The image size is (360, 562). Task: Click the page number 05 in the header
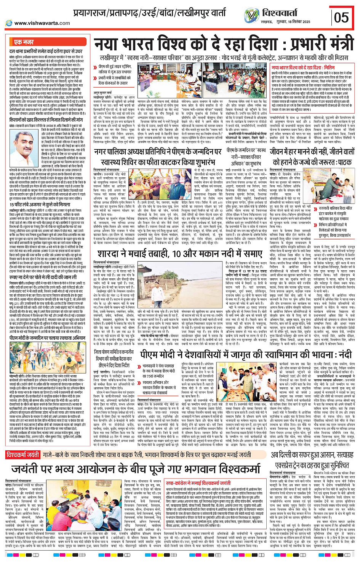click(341, 17)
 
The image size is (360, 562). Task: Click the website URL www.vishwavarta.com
click(42, 23)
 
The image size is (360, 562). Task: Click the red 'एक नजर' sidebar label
click(24, 42)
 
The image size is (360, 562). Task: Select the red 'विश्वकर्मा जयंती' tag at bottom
click(23, 454)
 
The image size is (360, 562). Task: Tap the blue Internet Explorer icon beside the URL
click(9, 23)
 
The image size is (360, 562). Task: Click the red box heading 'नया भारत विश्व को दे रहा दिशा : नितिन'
click(303, 67)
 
